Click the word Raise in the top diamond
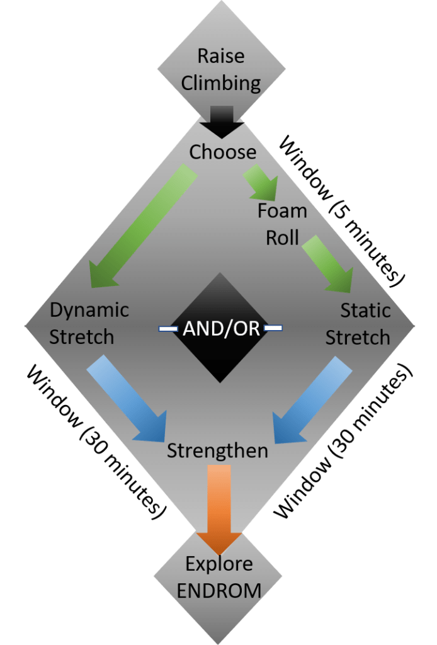tap(220, 56)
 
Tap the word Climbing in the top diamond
tap(220, 83)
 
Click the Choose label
tap(223, 152)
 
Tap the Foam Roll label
tap(282, 224)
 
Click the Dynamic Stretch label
tap(89, 323)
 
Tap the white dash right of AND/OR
tap(273, 328)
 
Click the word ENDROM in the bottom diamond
tap(219, 591)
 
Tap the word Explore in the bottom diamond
tap(219, 564)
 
